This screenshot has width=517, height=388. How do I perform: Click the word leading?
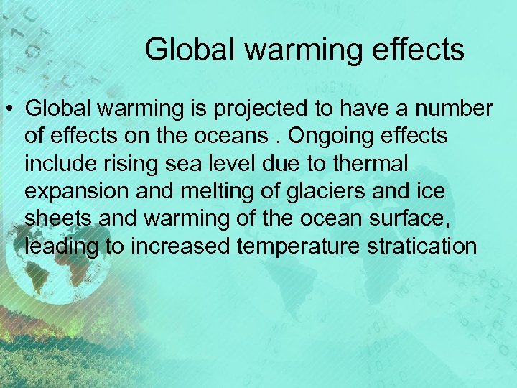[60, 246]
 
